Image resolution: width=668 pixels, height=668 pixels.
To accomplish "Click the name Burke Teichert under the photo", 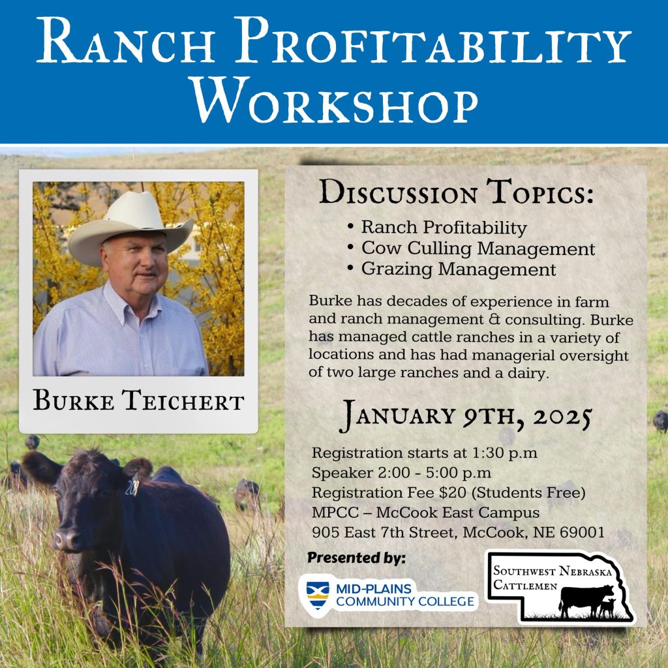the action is pyautogui.click(x=138, y=401).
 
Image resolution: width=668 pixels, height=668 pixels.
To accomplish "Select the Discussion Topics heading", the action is pyautogui.click(x=456, y=192).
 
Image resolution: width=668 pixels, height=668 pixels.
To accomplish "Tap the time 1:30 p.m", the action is pyautogui.click(x=505, y=453).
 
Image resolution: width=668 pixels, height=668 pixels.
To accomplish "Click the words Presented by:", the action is pyautogui.click(x=356, y=558).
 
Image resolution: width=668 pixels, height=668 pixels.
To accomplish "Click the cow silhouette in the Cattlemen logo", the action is pyautogui.click(x=586, y=601).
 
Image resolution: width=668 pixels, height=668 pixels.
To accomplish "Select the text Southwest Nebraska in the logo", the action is pyautogui.click(x=553, y=571).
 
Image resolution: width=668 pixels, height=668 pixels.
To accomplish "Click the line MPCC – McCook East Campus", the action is pyautogui.click(x=425, y=513).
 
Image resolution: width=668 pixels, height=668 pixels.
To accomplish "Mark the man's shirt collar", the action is pyautogui.click(x=128, y=300).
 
